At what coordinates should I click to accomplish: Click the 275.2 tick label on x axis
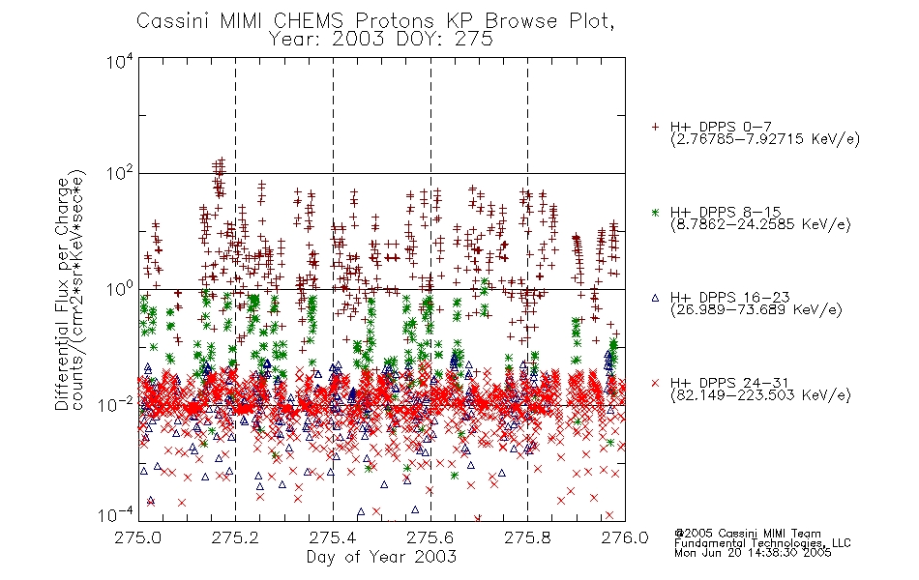(236, 537)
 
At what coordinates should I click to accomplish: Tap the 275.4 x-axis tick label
(333, 537)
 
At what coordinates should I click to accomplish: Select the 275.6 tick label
(430, 537)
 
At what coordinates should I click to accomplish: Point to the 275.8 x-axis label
(527, 537)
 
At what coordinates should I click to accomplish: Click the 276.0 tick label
(625, 537)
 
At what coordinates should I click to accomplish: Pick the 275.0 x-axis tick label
(138, 537)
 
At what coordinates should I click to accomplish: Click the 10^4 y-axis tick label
(120, 62)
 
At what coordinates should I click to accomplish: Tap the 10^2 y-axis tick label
(120, 174)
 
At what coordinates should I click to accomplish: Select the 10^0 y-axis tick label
(120, 289)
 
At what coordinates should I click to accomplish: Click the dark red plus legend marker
(655, 127)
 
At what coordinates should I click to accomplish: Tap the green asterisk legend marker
(655, 212)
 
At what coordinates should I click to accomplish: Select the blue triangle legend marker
(655, 298)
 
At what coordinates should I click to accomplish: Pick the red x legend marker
(655, 383)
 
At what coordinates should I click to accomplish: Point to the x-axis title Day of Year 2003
(381, 557)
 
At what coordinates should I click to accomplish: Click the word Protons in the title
(394, 21)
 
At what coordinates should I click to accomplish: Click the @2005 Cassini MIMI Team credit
(747, 534)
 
